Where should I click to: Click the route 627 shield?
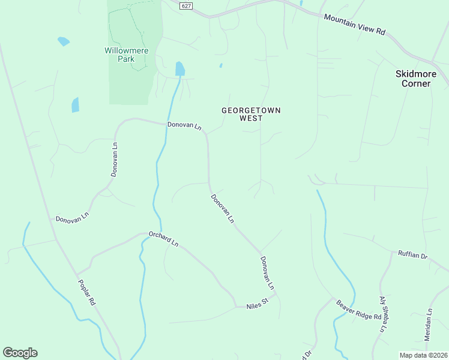pos(186,5)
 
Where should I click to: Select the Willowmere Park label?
pos(126,55)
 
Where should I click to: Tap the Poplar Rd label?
pos(86,293)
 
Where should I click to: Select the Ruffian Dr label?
pos(412,255)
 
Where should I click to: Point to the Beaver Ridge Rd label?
pos(358,310)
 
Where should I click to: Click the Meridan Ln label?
pos(429,325)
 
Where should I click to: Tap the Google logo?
pos(20,353)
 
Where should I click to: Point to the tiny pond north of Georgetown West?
pos(221,65)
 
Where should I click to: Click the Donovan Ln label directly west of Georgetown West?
pos(185,127)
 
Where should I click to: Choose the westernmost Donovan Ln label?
pos(73,217)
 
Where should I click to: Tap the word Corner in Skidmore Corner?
pos(416,83)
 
